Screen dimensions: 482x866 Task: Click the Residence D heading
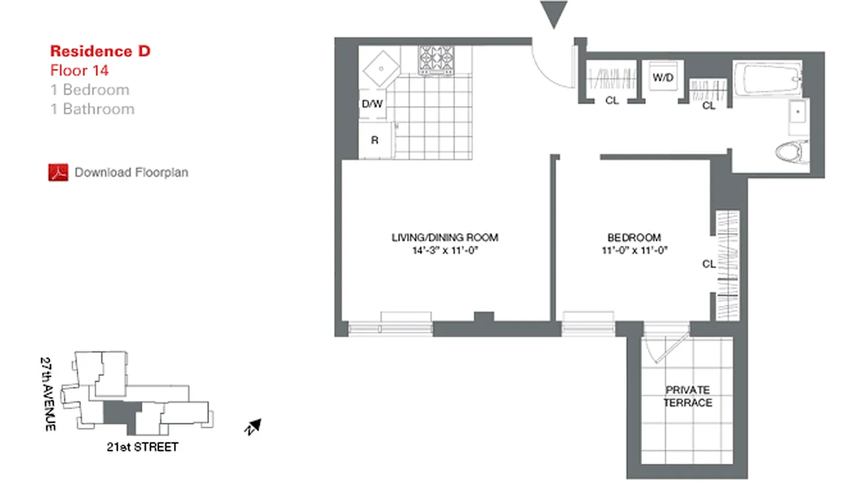100,51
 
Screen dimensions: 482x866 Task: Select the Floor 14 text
79,70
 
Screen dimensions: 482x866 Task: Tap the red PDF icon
58,172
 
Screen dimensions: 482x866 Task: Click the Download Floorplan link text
131,172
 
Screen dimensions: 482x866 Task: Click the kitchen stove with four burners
437,60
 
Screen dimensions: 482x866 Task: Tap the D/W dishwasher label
372,104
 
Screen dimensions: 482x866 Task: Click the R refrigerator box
375,140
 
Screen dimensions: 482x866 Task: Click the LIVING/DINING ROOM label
445,237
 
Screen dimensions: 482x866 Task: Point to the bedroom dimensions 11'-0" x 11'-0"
634,250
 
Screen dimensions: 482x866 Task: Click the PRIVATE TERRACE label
688,396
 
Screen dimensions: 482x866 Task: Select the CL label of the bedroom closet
708,263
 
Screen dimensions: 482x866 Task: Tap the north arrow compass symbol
254,427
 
